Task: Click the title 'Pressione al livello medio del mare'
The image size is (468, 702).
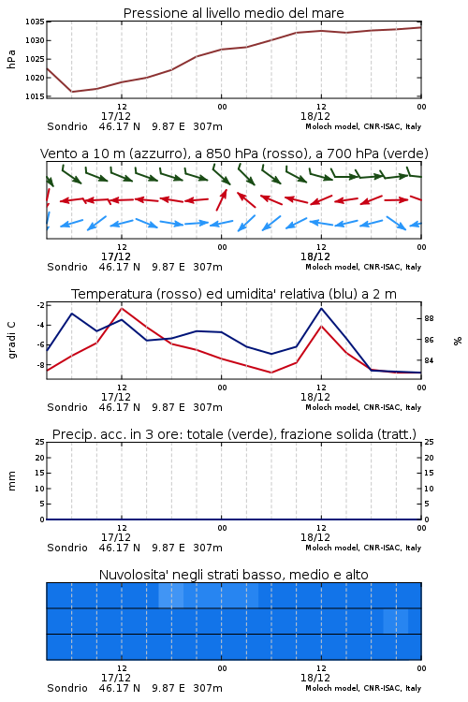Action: point(233,13)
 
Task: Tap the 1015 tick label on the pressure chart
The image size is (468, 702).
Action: point(35,96)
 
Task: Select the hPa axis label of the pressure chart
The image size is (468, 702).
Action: point(11,59)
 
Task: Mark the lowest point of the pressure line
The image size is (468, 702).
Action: point(72,92)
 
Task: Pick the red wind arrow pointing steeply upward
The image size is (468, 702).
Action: point(222,199)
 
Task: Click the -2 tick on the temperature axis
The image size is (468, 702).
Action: point(41,305)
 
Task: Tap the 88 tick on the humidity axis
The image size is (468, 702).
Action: point(429,319)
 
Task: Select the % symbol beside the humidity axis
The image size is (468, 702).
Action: point(458,341)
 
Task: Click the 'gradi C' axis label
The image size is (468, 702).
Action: point(11,340)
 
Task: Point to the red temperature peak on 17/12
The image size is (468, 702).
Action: point(122,309)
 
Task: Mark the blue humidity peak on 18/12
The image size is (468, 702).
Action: point(321,308)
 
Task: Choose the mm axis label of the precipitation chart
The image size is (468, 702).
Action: point(11,480)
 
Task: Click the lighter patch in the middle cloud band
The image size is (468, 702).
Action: point(395,621)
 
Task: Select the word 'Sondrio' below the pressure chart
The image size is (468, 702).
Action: point(67,126)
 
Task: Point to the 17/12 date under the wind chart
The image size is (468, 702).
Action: point(116,257)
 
